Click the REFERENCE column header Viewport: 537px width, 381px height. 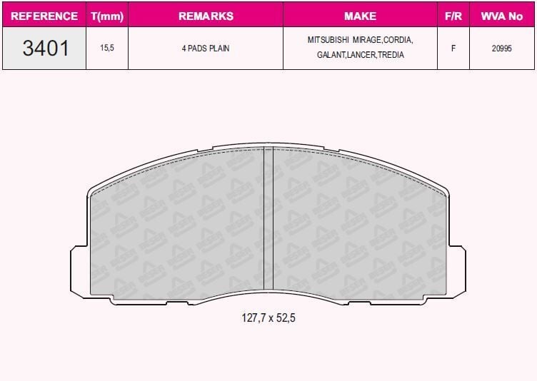[44, 16]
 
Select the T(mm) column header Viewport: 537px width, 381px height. [107, 16]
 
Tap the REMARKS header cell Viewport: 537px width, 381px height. [206, 16]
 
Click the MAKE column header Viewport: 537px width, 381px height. [361, 16]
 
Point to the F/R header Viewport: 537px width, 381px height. [453, 16]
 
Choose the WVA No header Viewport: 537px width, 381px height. [502, 16]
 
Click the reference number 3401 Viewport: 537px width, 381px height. [46, 48]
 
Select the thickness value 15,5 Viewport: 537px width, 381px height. [107, 48]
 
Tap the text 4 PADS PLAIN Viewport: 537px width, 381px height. [206, 49]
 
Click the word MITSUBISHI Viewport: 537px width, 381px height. [328, 40]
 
